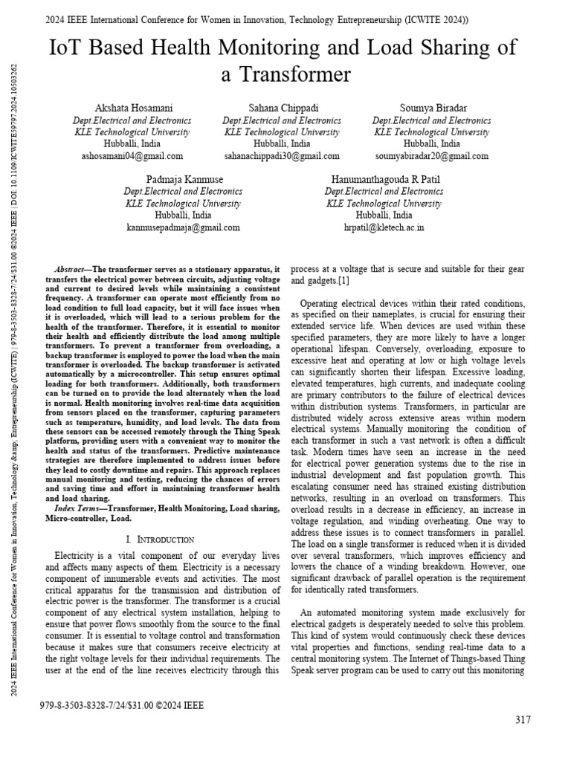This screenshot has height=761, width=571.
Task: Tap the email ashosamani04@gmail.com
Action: click(132, 156)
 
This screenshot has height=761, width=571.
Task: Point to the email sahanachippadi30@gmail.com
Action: click(281, 156)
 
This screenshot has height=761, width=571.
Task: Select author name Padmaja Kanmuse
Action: click(183, 180)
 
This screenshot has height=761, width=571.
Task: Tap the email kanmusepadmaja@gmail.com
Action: click(183, 227)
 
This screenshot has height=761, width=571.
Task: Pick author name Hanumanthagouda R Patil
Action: click(384, 180)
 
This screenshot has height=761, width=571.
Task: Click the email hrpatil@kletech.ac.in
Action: click(384, 227)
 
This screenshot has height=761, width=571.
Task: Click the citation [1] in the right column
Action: click(344, 281)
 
